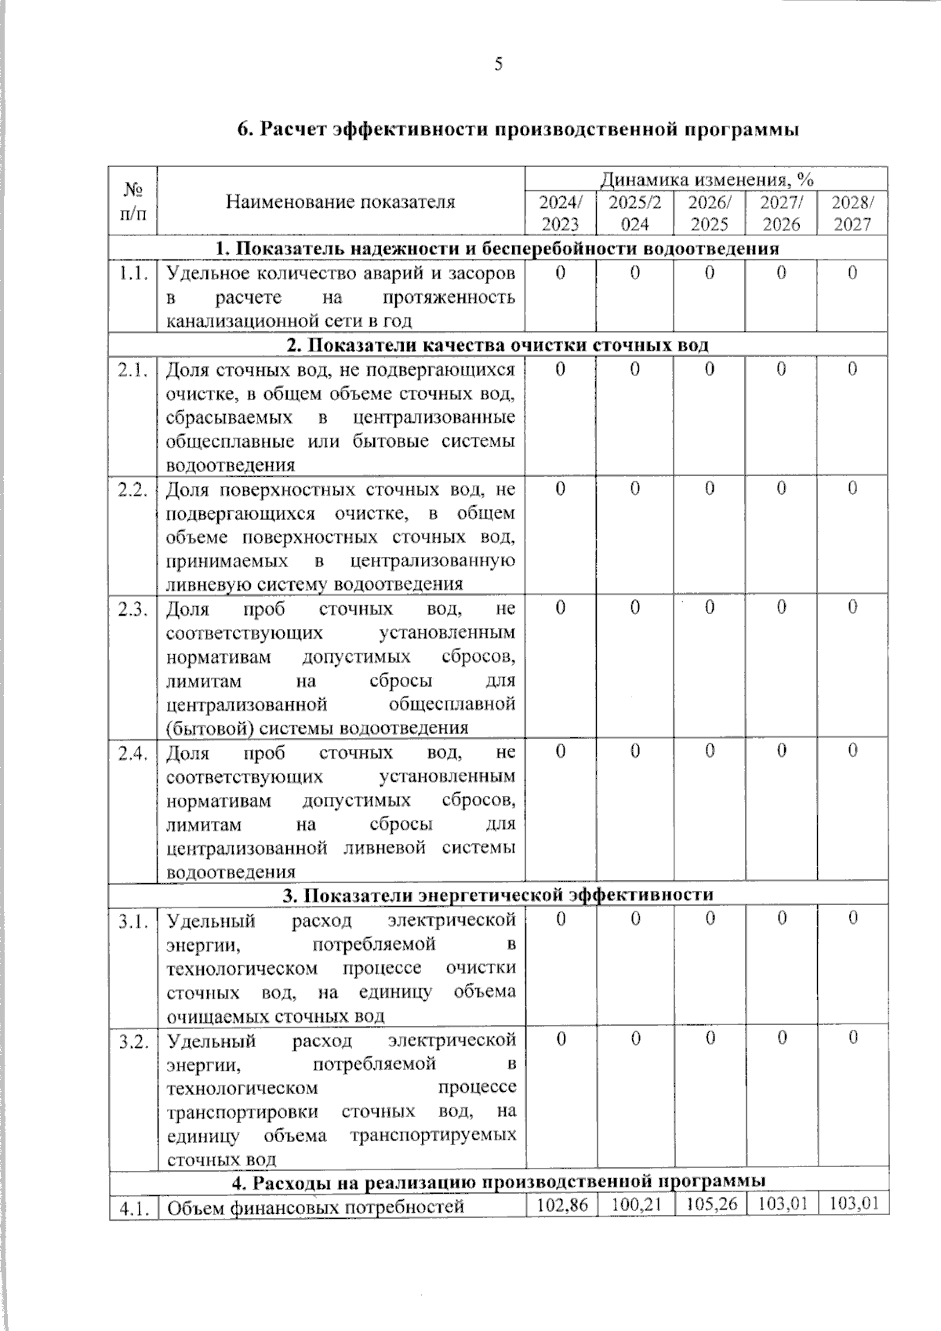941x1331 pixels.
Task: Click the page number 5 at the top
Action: tap(498, 65)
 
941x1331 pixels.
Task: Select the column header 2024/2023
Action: tap(560, 213)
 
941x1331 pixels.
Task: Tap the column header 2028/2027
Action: tap(852, 213)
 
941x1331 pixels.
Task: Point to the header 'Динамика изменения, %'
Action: tap(707, 180)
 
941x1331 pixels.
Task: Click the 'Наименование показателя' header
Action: tap(340, 202)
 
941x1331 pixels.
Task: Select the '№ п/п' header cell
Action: tap(133, 201)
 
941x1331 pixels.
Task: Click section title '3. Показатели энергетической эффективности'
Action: tap(498, 894)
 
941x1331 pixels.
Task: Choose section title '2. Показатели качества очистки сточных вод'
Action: tap(498, 345)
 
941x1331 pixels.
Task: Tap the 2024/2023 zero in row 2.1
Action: tap(560, 369)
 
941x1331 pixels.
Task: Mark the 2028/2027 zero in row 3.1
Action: tap(852, 917)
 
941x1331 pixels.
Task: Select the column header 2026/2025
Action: tap(709, 213)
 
